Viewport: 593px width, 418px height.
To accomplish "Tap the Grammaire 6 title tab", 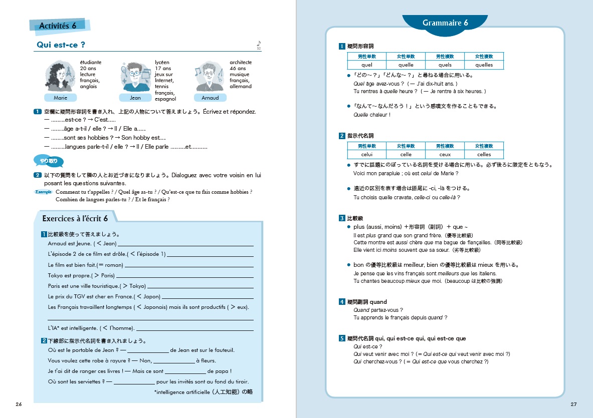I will tap(445, 23).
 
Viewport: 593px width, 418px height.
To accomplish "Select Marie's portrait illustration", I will tap(60, 76).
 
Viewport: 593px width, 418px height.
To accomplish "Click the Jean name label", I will tap(135, 98).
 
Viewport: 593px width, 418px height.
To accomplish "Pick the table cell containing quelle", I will tap(406, 65).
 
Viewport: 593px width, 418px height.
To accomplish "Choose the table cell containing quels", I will tap(445, 65).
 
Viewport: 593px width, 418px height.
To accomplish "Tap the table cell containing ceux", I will tap(445, 155).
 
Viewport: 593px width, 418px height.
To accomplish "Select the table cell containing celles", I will tap(484, 155).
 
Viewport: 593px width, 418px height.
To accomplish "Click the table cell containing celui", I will tap(366, 155).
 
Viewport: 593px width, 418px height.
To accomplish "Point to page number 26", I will tap(19, 404).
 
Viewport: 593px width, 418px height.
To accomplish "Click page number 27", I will tap(574, 404).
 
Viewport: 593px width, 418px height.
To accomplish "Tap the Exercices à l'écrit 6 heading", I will tap(75, 218).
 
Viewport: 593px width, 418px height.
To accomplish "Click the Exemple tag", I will tap(45, 192).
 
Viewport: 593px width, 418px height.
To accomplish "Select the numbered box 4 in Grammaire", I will tap(342, 302).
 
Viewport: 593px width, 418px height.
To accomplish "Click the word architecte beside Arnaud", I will tap(241, 63).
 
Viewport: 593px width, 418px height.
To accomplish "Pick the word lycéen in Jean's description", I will tap(162, 63).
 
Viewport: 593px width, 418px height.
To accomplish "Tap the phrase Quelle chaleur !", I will tap(372, 115).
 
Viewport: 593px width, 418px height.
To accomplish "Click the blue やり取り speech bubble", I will tap(49, 161).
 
